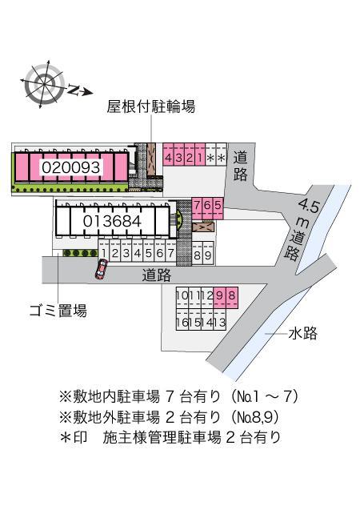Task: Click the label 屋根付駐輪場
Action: point(151,106)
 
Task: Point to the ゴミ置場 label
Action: point(54,311)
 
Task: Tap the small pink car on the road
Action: point(100,270)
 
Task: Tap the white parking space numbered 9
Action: point(208,255)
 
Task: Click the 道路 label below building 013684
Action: point(157,275)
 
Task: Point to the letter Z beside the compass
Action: point(74,90)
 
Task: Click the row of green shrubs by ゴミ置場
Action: point(79,253)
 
